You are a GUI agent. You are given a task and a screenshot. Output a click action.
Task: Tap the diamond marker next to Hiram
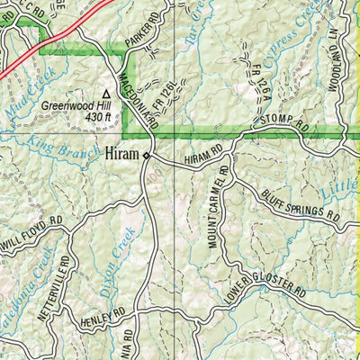146,156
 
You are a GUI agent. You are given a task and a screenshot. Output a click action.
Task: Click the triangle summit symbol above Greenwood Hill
106,93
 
